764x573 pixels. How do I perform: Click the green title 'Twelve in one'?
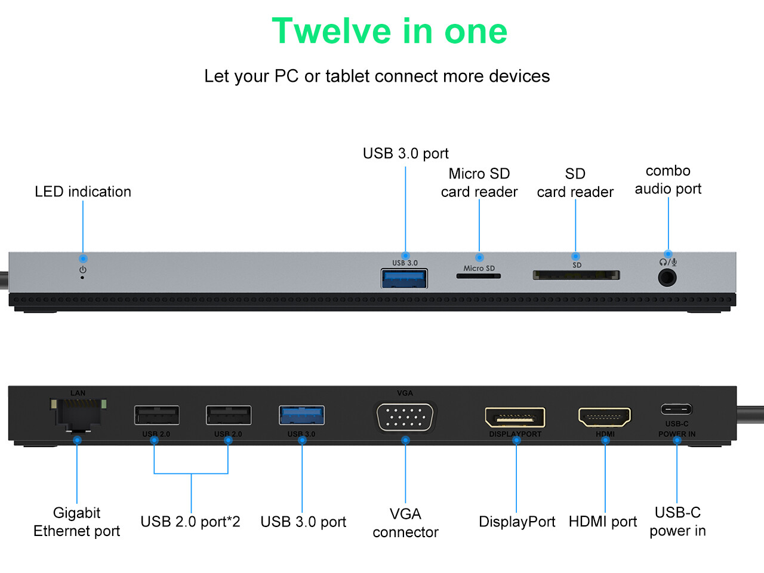point(389,31)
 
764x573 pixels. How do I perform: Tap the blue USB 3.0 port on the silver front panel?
point(404,279)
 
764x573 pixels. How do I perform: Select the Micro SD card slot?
point(478,276)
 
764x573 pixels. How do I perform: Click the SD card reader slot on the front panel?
point(576,275)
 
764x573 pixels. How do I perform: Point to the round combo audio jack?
point(667,278)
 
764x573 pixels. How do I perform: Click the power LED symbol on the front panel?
point(82,270)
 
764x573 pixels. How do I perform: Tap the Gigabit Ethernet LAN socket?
point(78,413)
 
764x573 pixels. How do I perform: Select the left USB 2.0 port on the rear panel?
point(156,415)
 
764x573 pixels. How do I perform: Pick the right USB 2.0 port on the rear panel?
point(228,415)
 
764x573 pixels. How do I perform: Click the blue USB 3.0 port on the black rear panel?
point(301,415)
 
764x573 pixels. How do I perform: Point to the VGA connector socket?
point(406,416)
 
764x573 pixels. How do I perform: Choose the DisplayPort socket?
point(515,417)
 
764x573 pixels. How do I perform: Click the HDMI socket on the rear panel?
point(605,417)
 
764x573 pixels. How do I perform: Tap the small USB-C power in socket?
point(676,409)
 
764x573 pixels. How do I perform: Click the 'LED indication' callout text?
point(83,192)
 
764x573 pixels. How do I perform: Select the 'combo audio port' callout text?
point(668,180)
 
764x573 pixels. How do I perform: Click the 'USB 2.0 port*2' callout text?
point(190,522)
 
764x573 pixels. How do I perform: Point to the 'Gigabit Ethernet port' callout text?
point(76,522)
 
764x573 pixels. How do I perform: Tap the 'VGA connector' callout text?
point(405,523)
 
